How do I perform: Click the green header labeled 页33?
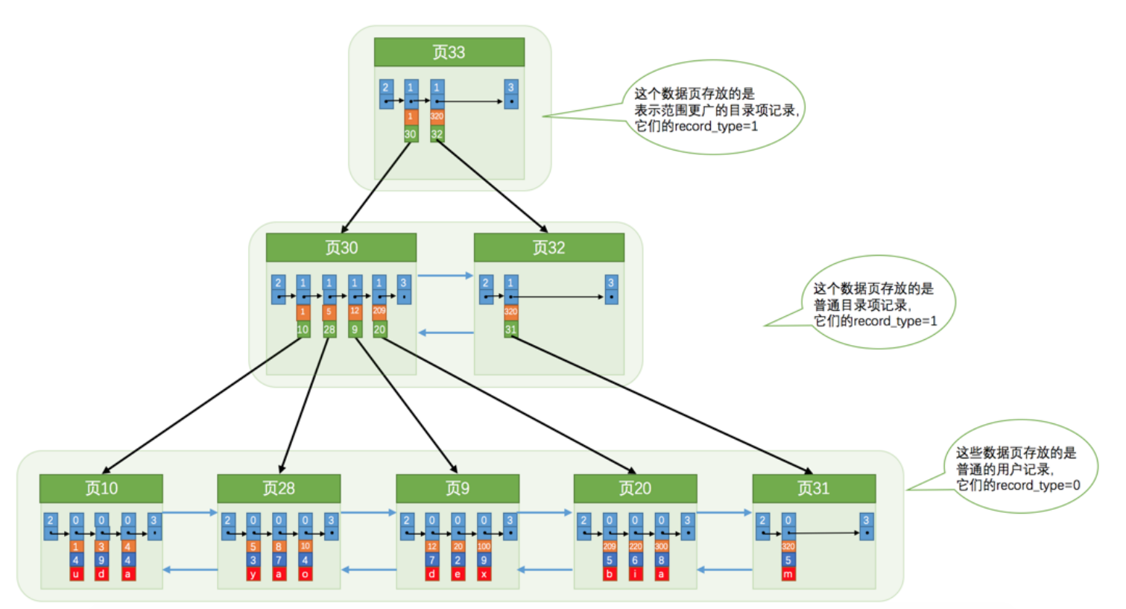[x=449, y=52]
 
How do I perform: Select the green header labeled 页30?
[x=341, y=247]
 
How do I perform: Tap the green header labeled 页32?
[x=548, y=247]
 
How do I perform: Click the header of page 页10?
[x=101, y=488]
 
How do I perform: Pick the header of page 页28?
[x=278, y=488]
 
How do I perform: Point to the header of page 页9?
[x=457, y=488]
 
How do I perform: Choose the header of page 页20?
[x=635, y=488]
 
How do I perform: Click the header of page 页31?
[x=813, y=488]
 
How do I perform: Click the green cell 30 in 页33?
[x=411, y=134]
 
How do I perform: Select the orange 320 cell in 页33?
[x=437, y=116]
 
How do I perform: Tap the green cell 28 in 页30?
[x=329, y=329]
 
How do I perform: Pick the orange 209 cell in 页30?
[x=379, y=311]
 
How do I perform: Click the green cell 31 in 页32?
[x=510, y=329]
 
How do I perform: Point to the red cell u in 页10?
[x=75, y=575]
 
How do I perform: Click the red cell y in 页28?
[x=253, y=575]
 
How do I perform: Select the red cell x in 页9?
[x=484, y=575]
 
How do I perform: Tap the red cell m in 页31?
[x=788, y=575]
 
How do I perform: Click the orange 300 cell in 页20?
[x=661, y=546]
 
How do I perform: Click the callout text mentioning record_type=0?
[x=1016, y=469]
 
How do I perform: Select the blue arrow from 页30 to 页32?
[x=445, y=276]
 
